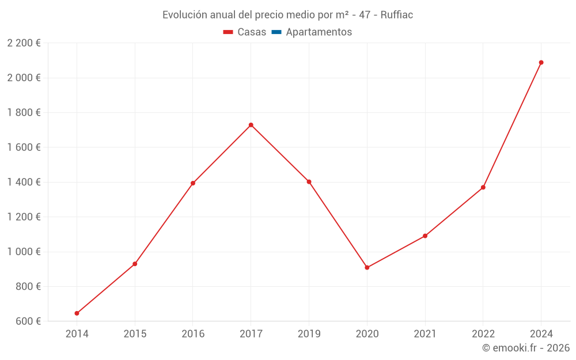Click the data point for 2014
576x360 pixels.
pyautogui.click(x=77, y=313)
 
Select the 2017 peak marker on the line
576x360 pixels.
pyautogui.click(x=251, y=125)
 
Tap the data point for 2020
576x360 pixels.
pyautogui.click(x=367, y=267)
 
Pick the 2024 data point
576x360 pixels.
pyautogui.click(x=541, y=62)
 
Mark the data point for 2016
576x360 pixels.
pyautogui.click(x=193, y=183)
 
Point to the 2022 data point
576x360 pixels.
pyautogui.click(x=483, y=187)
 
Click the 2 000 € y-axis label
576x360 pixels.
pyautogui.click(x=24, y=78)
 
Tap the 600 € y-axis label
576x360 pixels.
pyautogui.click(x=28, y=321)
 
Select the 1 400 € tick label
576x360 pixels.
pyautogui.click(x=24, y=182)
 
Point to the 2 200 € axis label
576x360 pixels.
pyautogui.click(x=24, y=43)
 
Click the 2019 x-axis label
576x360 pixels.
pyautogui.click(x=309, y=334)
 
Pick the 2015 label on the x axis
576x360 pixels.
pyautogui.click(x=135, y=334)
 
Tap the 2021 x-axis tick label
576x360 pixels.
pyautogui.click(x=425, y=334)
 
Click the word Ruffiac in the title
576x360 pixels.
pyautogui.click(x=397, y=15)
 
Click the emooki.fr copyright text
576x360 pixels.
pyautogui.click(x=526, y=348)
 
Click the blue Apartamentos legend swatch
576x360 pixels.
pyautogui.click(x=276, y=32)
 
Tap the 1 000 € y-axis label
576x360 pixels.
pyautogui.click(x=24, y=252)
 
